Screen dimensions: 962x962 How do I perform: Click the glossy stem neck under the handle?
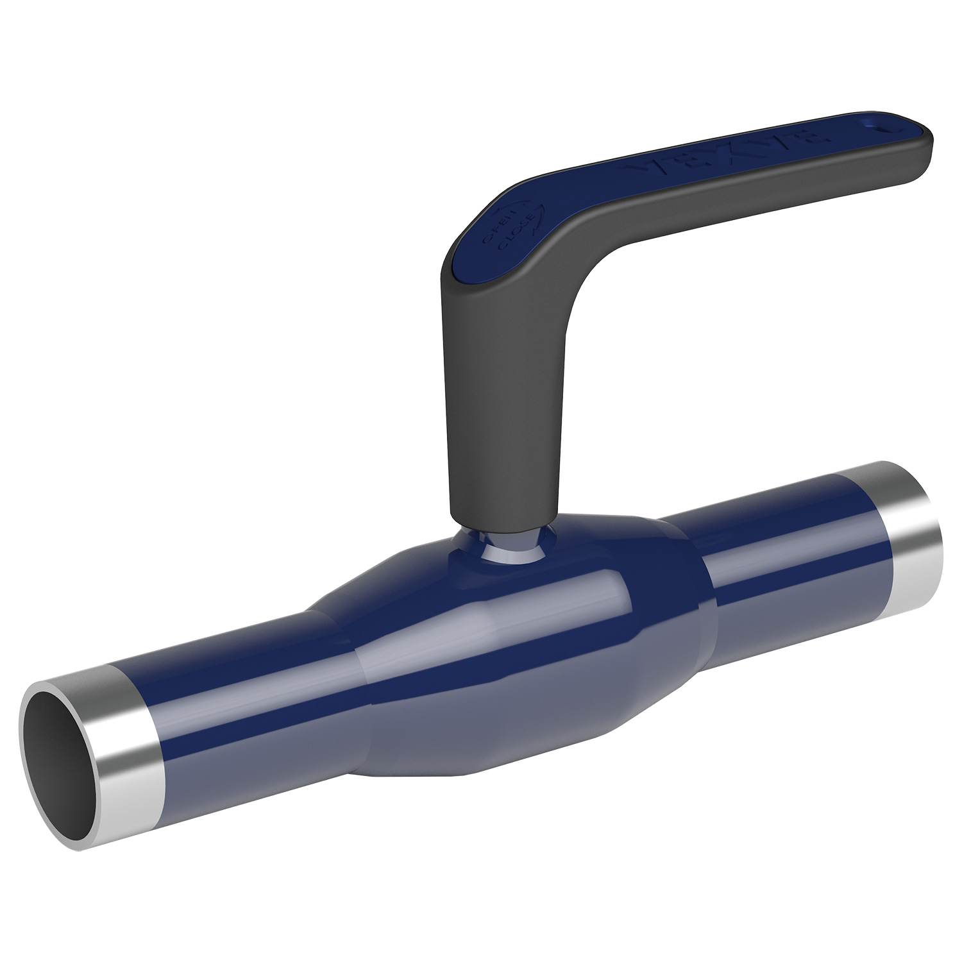pos(507,546)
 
